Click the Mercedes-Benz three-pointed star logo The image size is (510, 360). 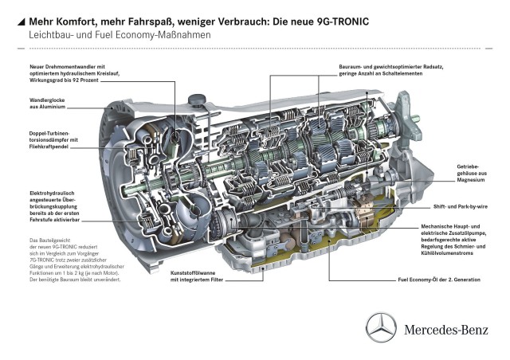[381, 328]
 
